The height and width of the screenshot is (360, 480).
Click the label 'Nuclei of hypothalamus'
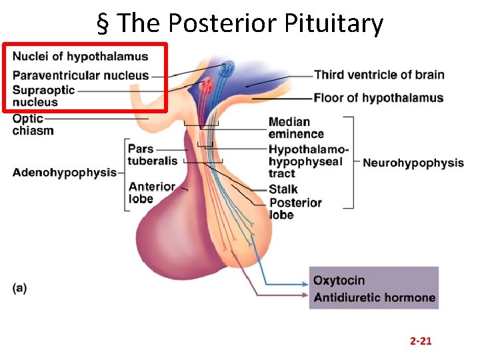pyautogui.click(x=80, y=56)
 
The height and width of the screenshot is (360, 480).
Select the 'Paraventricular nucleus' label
pyautogui.click(x=81, y=75)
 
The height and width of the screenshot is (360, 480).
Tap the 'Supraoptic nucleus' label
pyautogui.click(x=44, y=96)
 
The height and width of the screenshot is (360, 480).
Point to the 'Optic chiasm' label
pyautogui.click(x=33, y=125)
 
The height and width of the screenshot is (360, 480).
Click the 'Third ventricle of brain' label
pyautogui.click(x=379, y=75)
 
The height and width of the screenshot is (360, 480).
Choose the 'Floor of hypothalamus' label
pyautogui.click(x=378, y=98)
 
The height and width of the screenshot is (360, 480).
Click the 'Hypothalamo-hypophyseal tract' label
pyautogui.click(x=307, y=161)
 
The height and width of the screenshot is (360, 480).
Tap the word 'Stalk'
pyautogui.click(x=283, y=189)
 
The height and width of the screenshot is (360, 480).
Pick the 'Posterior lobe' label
pyautogui.click(x=294, y=209)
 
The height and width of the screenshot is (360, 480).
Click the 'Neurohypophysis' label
pyautogui.click(x=413, y=163)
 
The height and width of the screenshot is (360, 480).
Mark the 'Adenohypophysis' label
pyautogui.click(x=64, y=173)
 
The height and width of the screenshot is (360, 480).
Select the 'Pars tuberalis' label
pyautogui.click(x=152, y=154)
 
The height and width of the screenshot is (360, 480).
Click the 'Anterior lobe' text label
pyautogui.click(x=151, y=193)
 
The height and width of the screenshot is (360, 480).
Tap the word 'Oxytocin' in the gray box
pyautogui.click(x=339, y=281)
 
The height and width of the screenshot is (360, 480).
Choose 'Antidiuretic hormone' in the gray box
pyautogui.click(x=374, y=297)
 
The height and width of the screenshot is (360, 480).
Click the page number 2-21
pyautogui.click(x=421, y=341)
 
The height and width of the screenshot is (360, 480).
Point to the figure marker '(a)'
pyautogui.click(x=19, y=288)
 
